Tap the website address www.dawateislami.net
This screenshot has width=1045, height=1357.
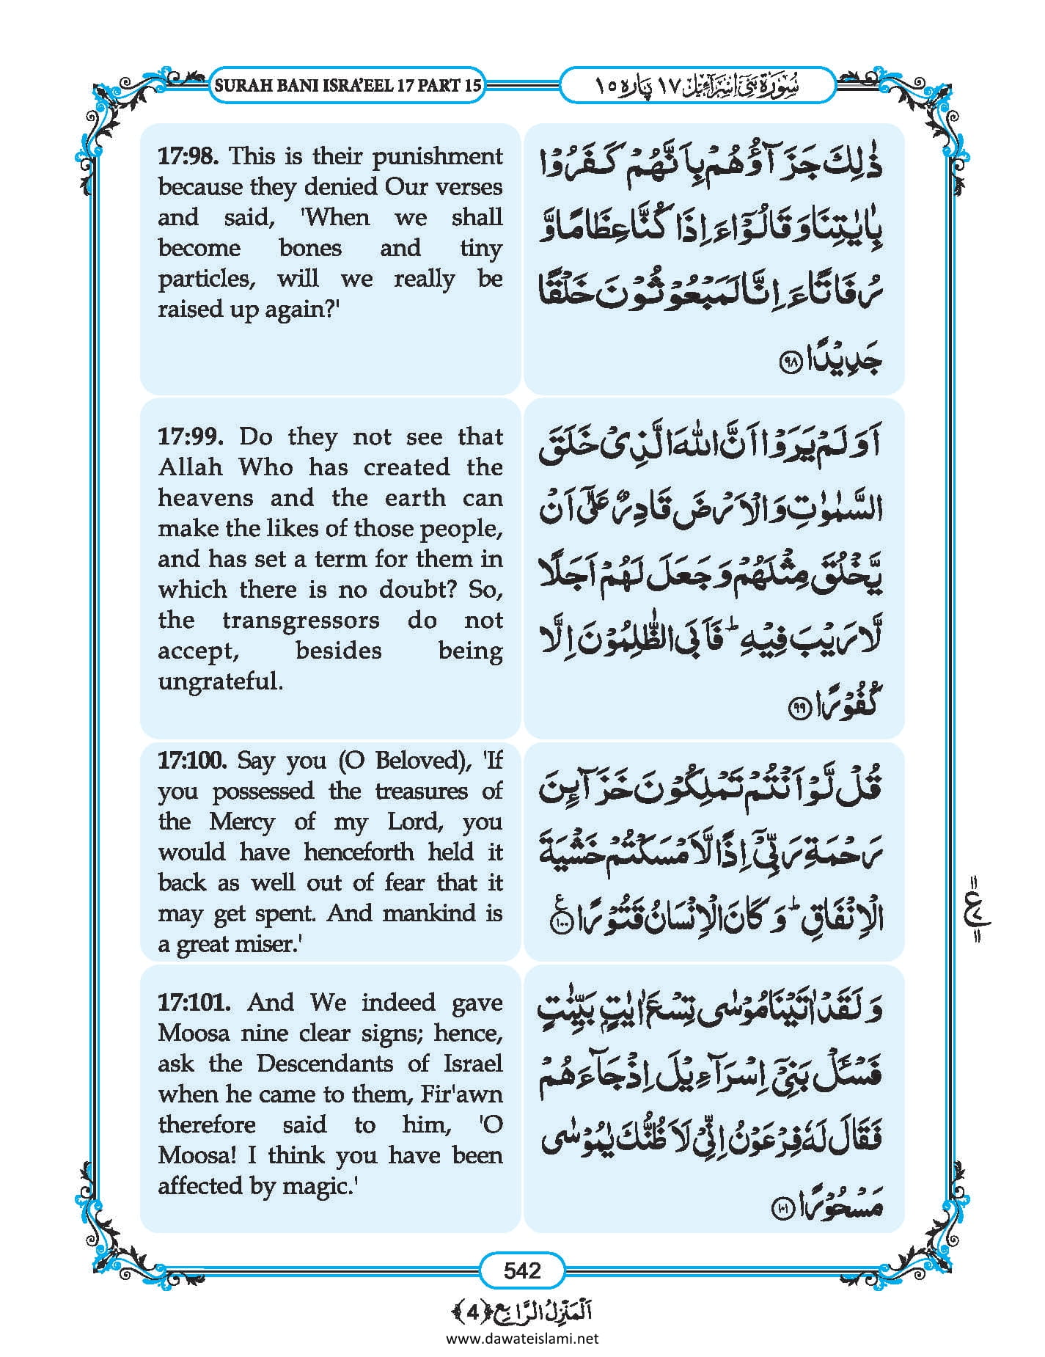point(522,1338)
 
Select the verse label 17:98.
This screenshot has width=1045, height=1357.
point(190,156)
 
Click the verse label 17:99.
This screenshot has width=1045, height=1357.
point(190,437)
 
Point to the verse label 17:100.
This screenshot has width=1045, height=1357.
point(194,760)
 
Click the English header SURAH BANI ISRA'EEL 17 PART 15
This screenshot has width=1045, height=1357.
point(348,85)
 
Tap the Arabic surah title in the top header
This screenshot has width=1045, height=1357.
point(697,85)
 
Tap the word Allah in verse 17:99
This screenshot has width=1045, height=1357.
point(191,467)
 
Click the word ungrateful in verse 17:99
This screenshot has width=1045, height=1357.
point(220,682)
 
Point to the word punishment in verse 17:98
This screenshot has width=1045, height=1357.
point(437,156)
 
